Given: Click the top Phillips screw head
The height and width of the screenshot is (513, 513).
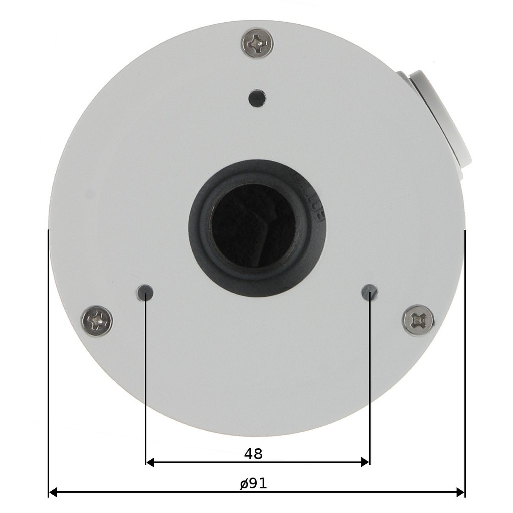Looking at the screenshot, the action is click(257, 42).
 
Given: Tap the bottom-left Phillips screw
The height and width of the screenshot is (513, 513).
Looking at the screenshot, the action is click(97, 321).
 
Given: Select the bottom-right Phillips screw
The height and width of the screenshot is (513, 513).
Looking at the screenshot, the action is click(418, 320).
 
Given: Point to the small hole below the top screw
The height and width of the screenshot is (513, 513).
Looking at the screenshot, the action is click(257, 98).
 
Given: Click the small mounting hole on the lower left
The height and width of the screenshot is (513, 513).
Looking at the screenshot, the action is click(145, 293).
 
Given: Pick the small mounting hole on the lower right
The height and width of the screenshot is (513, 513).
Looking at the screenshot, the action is click(370, 292).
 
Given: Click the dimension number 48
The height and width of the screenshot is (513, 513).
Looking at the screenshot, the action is click(253, 454).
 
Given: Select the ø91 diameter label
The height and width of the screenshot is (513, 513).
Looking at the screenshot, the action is click(253, 483).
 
